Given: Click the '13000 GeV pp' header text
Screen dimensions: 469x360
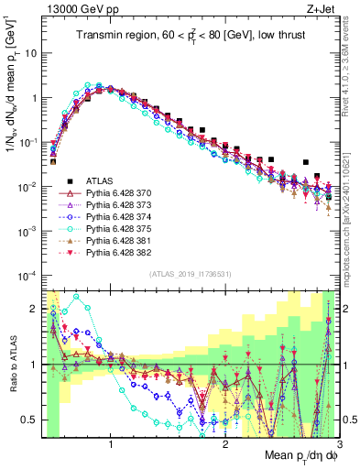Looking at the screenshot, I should tap(80, 8).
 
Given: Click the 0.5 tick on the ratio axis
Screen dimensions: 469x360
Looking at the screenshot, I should tap(33, 420).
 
